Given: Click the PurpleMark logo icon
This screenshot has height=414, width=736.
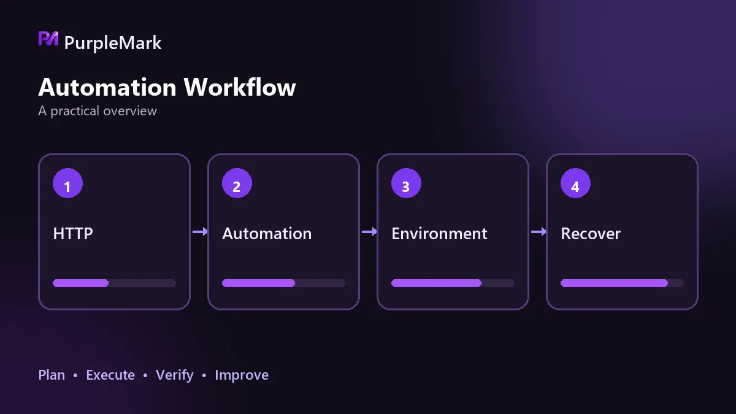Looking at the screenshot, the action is coord(48,39).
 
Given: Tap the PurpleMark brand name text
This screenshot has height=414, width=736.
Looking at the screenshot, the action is coord(113,43).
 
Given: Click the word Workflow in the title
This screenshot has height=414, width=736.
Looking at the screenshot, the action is coord(240,87).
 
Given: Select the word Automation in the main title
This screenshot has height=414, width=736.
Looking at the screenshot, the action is coord(107,87).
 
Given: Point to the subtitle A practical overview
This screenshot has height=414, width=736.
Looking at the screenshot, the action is coord(98,111).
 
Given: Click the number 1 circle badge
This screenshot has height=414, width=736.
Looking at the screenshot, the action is coord(67,183).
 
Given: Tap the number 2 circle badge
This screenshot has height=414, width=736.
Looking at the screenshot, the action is coord(237,183).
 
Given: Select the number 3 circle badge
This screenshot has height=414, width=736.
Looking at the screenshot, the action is coord(406,183).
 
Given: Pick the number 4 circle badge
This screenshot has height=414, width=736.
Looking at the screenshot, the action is coord(575,183).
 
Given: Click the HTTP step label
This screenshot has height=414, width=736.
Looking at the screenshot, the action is coord(73,234).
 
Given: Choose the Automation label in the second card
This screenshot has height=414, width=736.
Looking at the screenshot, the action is coord(267,234).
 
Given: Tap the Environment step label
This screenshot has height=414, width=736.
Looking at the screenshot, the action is coord(439,234).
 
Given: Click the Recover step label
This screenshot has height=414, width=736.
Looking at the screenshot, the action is coord(591,234).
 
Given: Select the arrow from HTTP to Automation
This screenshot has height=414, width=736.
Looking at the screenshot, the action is coord(200,232).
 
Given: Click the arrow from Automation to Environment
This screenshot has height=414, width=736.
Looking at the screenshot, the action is coord(369,232).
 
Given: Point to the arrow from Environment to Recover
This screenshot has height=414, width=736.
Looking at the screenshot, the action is coord(539,232).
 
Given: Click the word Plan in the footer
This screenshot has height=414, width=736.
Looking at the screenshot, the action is coord(52,375).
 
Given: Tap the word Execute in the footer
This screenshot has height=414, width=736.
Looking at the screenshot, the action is coord(110,375).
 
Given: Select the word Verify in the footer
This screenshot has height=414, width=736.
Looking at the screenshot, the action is coord(175,375).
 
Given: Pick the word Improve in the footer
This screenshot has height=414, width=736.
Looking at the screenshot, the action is coord(242,375).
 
